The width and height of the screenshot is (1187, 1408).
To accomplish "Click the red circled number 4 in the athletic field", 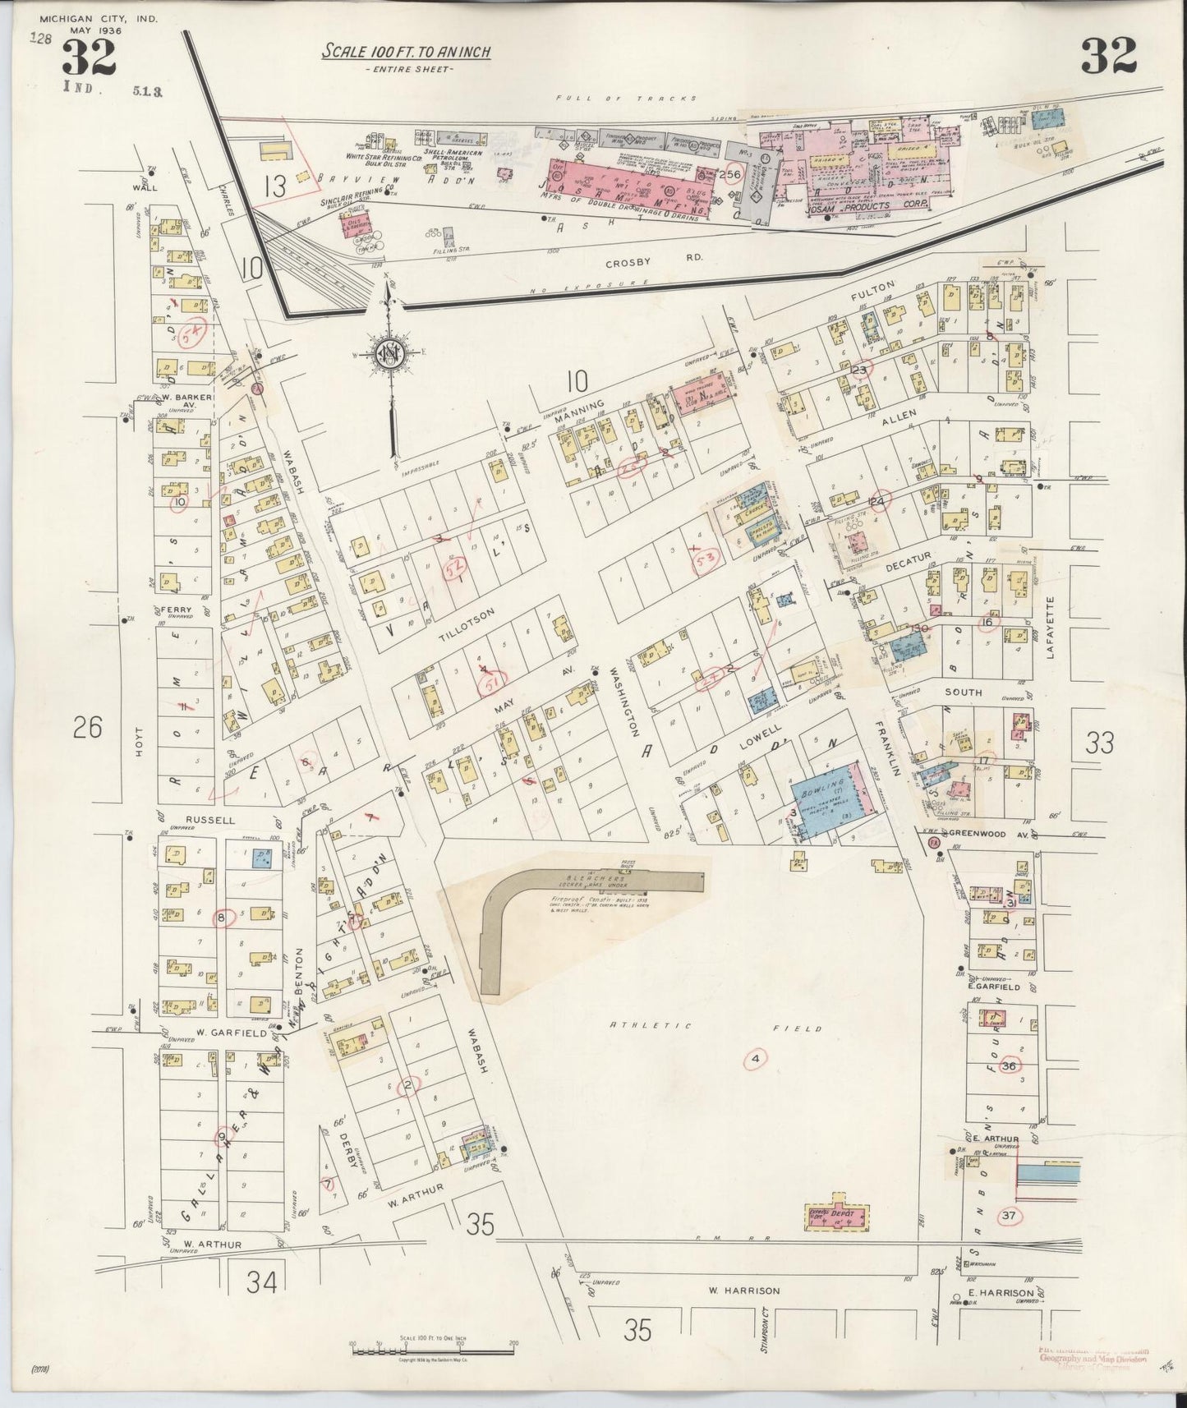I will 755,1059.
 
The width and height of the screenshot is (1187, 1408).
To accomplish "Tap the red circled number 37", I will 1010,1216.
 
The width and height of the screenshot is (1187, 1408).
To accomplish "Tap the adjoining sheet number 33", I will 1099,743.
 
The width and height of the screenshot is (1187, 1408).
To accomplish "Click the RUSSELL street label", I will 188,820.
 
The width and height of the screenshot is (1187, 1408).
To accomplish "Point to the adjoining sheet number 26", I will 87,727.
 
